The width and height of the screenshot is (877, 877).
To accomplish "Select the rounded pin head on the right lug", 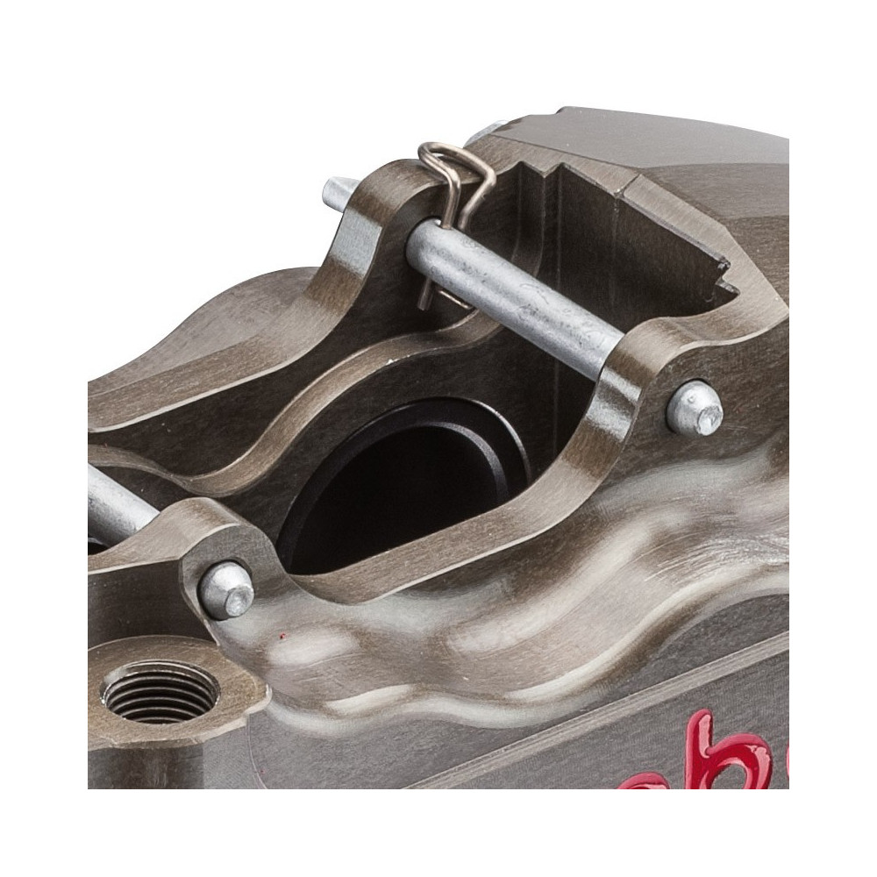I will pyautogui.click(x=695, y=410).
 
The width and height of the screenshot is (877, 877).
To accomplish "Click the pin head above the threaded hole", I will pyautogui.click(x=225, y=590).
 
